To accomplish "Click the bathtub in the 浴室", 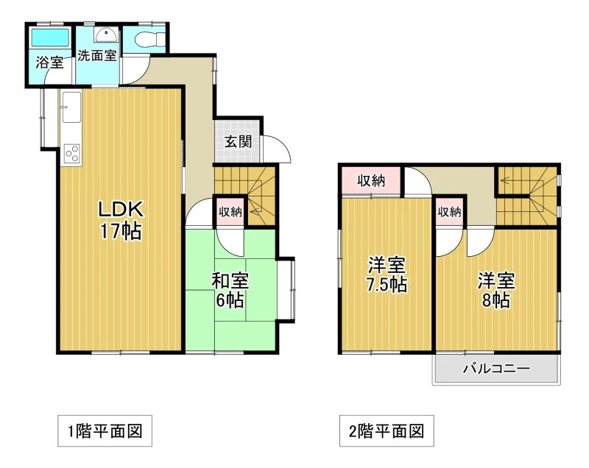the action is click(x=50, y=37).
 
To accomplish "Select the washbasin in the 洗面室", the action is click(x=106, y=35).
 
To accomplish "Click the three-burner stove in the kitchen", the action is click(x=71, y=154).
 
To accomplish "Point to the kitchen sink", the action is click(x=71, y=107).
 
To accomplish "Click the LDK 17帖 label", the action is click(x=121, y=220).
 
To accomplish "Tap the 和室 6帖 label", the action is click(x=230, y=290).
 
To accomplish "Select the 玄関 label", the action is click(x=238, y=142).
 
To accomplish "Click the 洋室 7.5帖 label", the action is click(x=387, y=275).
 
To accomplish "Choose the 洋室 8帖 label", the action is click(x=496, y=290).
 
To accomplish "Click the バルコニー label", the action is click(x=496, y=368).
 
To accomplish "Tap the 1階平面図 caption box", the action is click(x=105, y=431).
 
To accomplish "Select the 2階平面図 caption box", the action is click(x=387, y=431).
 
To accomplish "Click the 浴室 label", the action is click(x=49, y=63).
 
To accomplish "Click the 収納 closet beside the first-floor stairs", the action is click(x=230, y=212).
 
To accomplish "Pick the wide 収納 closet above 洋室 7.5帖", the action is click(x=371, y=181).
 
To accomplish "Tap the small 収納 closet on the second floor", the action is click(x=449, y=212).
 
